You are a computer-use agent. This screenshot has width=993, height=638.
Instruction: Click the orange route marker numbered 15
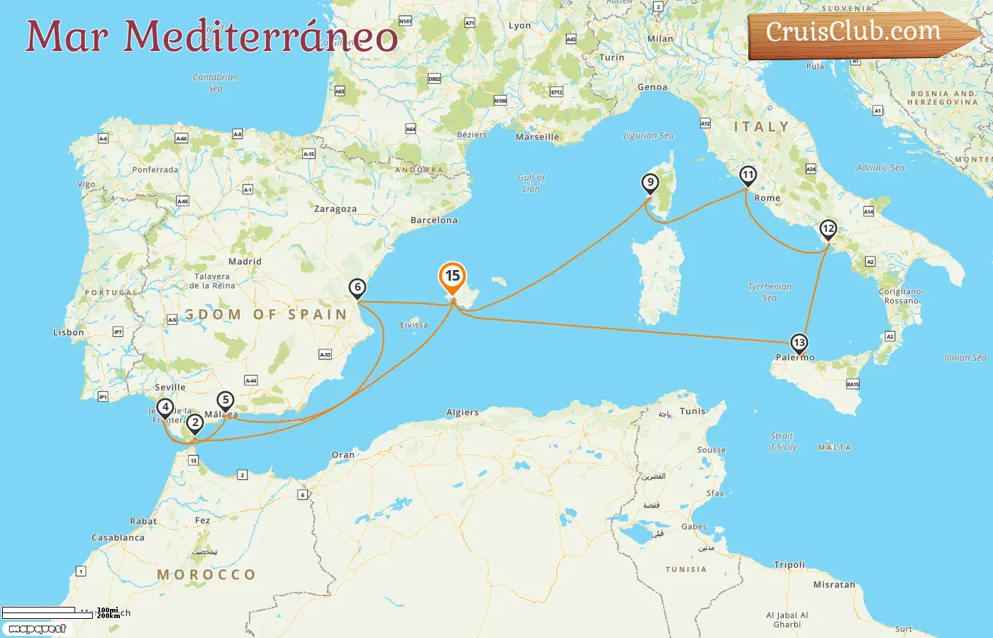tap(453, 276)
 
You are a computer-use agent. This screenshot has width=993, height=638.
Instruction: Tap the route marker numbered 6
tap(357, 288)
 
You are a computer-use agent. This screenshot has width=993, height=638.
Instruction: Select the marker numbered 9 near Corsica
tap(650, 183)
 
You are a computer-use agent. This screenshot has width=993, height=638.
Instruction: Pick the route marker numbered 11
tap(748, 175)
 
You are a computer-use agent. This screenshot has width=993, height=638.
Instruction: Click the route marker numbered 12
tap(828, 229)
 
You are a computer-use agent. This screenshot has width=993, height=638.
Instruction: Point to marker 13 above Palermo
tap(799, 343)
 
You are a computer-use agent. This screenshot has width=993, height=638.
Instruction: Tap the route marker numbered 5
tap(226, 401)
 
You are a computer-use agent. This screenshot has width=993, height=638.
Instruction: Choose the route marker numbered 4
tap(165, 408)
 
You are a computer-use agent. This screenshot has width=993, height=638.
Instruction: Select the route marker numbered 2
tap(194, 423)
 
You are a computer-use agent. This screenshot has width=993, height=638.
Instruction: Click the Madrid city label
tap(245, 262)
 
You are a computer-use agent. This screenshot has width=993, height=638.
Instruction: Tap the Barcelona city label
tap(434, 220)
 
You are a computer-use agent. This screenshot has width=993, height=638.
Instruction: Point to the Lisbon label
tap(69, 332)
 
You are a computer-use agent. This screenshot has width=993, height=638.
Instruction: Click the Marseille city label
tap(537, 138)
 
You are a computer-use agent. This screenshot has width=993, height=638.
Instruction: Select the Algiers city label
tap(462, 413)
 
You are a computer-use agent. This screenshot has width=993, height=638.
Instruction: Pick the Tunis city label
tap(693, 411)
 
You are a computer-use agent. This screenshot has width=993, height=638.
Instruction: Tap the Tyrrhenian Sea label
tap(770, 292)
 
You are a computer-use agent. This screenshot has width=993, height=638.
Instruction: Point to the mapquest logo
tap(38, 629)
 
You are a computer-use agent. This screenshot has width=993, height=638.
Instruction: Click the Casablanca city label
tap(118, 537)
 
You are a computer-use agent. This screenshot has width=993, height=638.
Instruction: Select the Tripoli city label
tap(789, 565)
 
